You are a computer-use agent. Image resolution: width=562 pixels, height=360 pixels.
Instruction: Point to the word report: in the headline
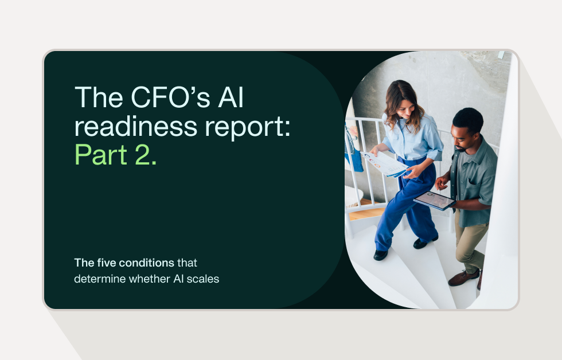[248, 127]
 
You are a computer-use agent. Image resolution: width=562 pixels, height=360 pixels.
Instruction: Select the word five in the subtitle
[106, 263]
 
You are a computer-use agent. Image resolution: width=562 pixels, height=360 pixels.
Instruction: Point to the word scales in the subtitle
[205, 280]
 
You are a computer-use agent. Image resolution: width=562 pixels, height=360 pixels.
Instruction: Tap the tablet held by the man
[435, 200]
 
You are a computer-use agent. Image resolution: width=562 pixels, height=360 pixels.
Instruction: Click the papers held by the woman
[386, 164]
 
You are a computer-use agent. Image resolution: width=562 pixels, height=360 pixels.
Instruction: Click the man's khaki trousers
[469, 235]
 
